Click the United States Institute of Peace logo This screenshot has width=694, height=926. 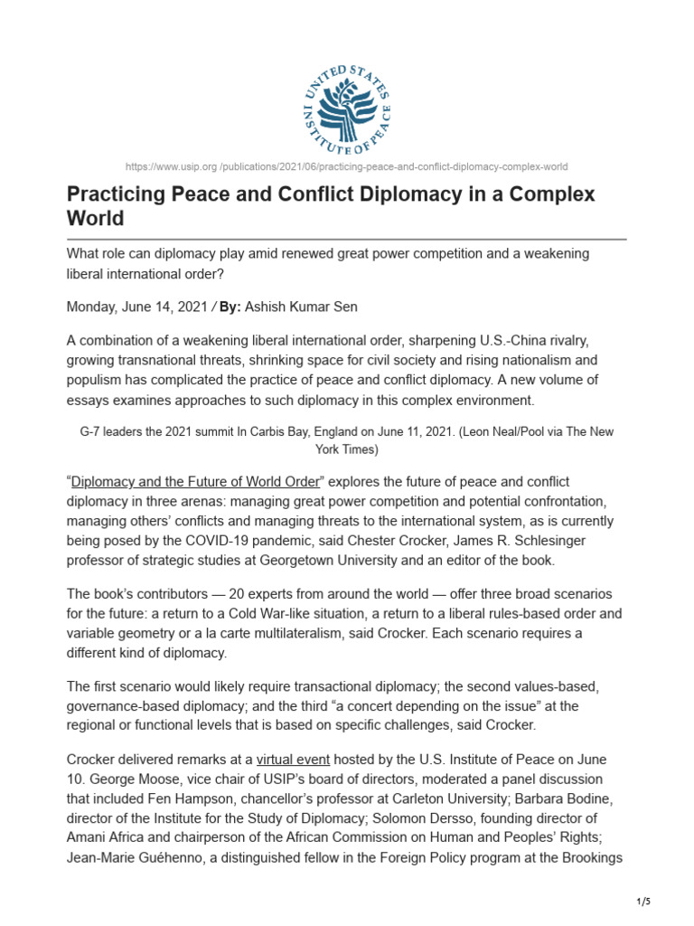[x=347, y=109]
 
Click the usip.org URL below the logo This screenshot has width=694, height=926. [x=347, y=166]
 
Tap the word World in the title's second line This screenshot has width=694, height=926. [x=95, y=219]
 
